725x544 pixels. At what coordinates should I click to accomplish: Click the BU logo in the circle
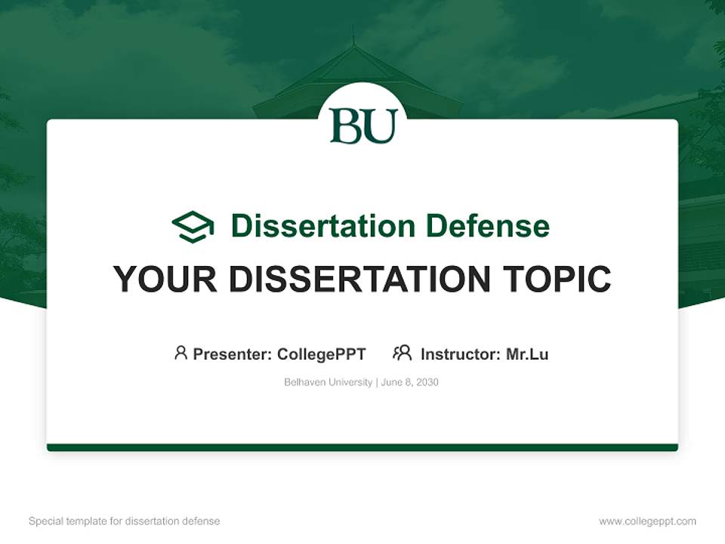(x=363, y=126)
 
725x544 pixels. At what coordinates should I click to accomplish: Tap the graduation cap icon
(x=193, y=226)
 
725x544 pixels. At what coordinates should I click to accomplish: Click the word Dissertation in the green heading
(x=323, y=226)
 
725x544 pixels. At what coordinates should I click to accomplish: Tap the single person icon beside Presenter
(x=180, y=353)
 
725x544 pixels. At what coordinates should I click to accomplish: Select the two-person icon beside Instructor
(x=403, y=353)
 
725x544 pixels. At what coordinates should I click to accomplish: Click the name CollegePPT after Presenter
(x=321, y=354)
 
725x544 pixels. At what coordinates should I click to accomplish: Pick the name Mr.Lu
(x=527, y=354)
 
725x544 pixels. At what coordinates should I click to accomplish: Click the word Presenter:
(x=233, y=354)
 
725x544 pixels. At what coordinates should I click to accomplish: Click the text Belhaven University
(x=328, y=382)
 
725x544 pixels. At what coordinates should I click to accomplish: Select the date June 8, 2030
(x=410, y=382)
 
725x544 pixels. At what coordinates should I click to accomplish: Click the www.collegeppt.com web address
(x=647, y=521)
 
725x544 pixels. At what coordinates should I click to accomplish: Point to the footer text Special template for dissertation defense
(x=125, y=521)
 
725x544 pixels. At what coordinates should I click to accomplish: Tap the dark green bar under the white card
(x=362, y=447)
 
